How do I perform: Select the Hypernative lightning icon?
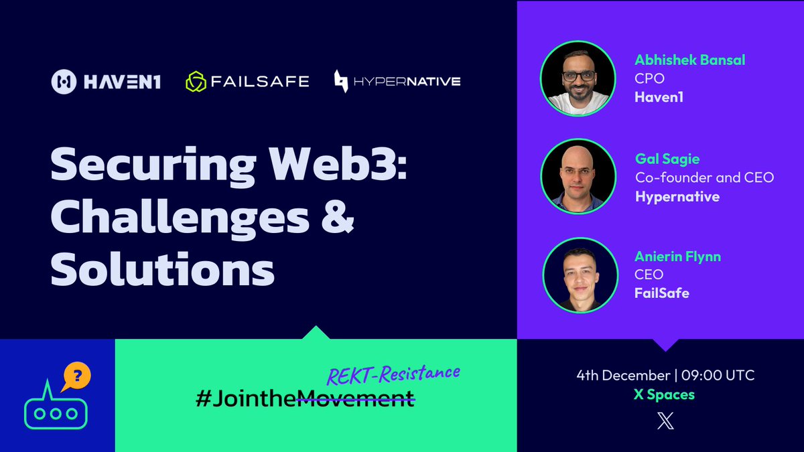[x=341, y=82]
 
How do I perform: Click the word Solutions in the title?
[x=163, y=270]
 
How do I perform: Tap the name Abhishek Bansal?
[x=690, y=60]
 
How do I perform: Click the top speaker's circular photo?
[x=578, y=79]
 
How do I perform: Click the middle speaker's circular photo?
[x=578, y=176]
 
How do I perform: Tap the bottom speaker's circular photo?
[x=578, y=275]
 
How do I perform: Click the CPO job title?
[x=649, y=79]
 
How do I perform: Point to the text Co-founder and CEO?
[x=704, y=178]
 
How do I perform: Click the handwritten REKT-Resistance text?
[x=393, y=374]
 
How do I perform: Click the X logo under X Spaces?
[x=665, y=421]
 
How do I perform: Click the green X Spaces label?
[x=664, y=394]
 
